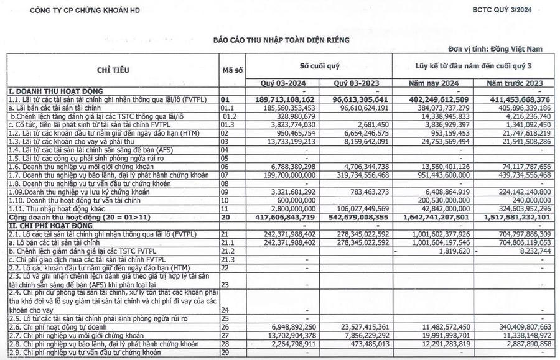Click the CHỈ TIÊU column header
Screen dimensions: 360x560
pos(113,70)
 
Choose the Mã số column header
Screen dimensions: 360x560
pos(232,70)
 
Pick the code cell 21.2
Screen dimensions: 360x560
pos(229,251)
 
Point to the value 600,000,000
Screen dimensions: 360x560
pos(296,200)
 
